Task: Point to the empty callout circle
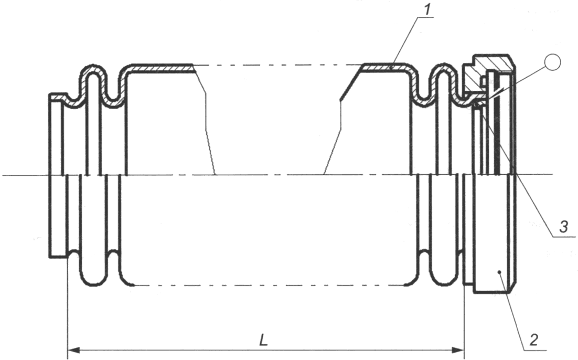[x=552, y=62]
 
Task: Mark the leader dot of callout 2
[x=499, y=272]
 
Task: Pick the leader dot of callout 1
[x=391, y=68]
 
